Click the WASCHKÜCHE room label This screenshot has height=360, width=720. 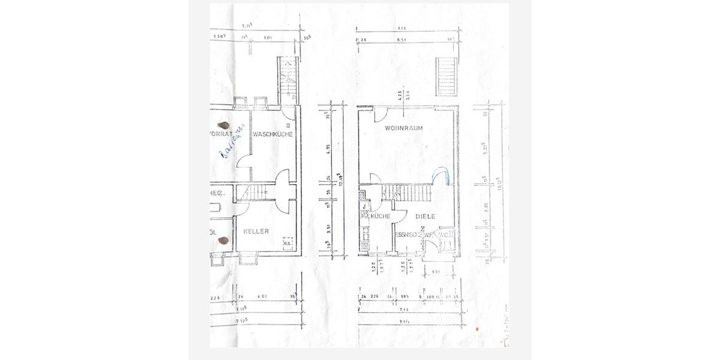point(272,134)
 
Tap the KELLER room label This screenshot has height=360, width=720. point(256,230)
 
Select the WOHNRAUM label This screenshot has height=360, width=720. point(404,128)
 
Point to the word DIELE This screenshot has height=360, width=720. point(424,216)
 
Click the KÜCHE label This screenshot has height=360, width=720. point(381,216)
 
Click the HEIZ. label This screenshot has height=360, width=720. point(216,193)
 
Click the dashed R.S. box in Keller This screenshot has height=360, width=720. point(287,242)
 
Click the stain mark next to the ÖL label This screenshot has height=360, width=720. point(224,241)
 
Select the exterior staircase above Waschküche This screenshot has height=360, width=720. point(288,79)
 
